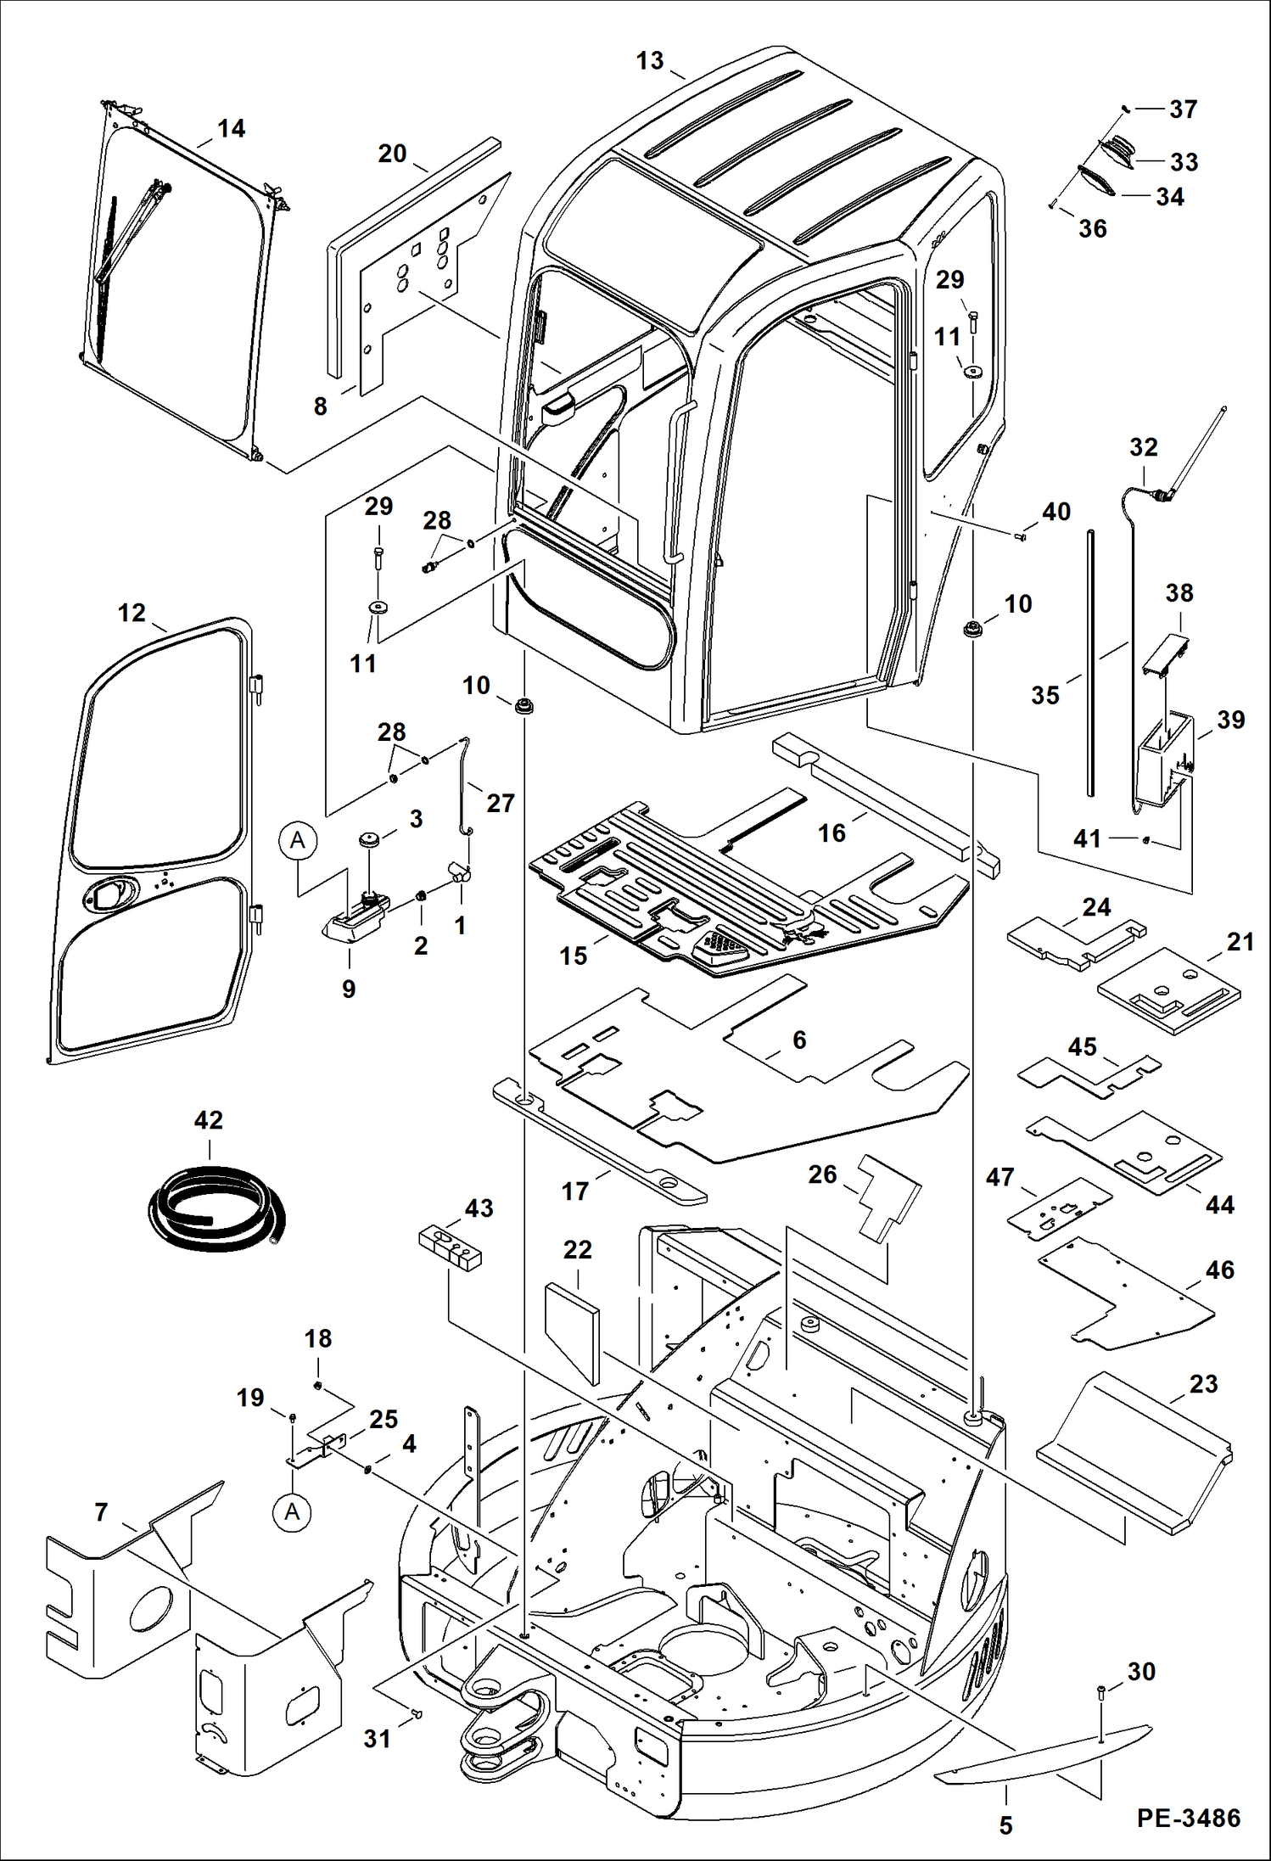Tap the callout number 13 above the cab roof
[x=650, y=61]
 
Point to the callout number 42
[x=208, y=1120]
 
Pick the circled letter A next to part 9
[x=297, y=840]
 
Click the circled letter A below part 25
[x=292, y=1511]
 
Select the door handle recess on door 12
[x=109, y=894]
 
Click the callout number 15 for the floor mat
[x=574, y=956]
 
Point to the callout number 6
[x=799, y=1040]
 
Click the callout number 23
[x=1203, y=1383]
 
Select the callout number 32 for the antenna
[x=1143, y=447]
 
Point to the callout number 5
[x=1005, y=1825]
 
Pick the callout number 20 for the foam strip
[x=392, y=154]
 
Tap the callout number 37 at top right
[x=1183, y=109]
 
